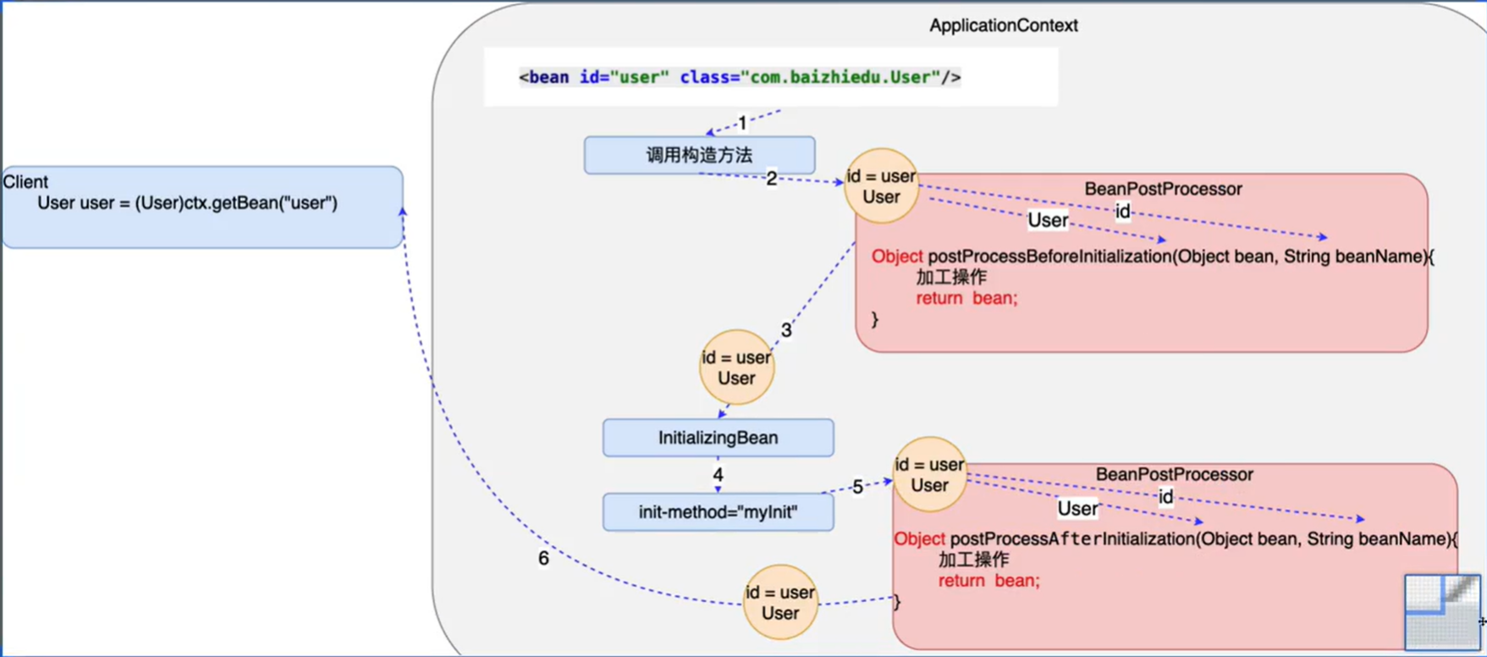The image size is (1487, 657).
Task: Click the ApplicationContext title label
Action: [1003, 25]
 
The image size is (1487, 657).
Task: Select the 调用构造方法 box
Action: [699, 155]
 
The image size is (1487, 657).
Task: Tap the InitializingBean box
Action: [718, 438]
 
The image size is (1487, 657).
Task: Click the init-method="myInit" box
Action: [718, 512]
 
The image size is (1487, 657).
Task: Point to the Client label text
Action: [25, 182]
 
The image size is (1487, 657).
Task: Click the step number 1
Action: [742, 124]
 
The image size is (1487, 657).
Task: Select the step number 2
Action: [771, 179]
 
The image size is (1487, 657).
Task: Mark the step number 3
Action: [786, 330]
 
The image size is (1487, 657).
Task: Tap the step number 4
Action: [718, 475]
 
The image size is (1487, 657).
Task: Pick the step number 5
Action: [857, 487]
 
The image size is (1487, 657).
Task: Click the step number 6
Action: [543, 559]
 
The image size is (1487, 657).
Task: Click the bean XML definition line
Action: [739, 78]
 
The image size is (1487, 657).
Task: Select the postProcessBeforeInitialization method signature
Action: [1152, 257]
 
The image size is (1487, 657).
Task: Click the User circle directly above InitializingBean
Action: [736, 367]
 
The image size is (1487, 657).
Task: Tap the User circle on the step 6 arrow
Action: [779, 603]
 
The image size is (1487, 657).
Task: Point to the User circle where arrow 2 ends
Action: [881, 186]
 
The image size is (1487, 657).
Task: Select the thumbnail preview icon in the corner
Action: [1442, 611]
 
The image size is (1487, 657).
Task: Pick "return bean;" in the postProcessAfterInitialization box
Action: [989, 581]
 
